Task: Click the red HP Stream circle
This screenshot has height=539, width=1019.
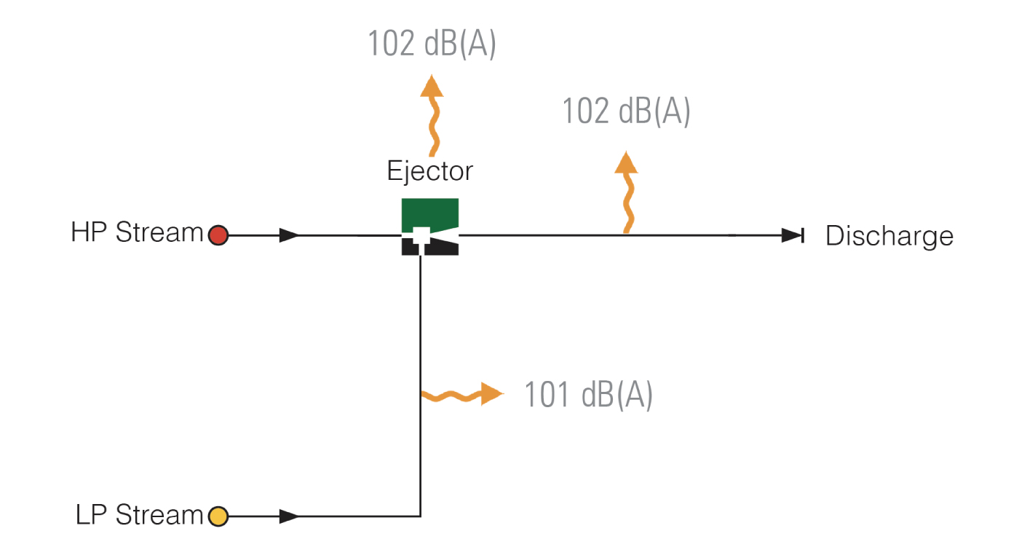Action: [218, 235]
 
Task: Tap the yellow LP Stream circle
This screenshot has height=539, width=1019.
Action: [218, 516]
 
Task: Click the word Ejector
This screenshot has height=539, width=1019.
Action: [430, 172]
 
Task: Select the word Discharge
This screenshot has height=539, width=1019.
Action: [889, 237]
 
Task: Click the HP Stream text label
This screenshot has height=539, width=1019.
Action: [137, 232]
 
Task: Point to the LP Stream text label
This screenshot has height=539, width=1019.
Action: [139, 514]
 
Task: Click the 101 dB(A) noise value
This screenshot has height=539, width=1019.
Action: [588, 395]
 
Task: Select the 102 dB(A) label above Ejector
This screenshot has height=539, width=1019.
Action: [432, 44]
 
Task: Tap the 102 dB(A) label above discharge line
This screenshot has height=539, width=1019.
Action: [627, 111]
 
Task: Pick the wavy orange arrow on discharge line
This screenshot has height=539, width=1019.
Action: [627, 192]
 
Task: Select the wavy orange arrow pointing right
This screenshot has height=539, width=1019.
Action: [463, 395]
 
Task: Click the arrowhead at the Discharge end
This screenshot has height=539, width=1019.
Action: [792, 235]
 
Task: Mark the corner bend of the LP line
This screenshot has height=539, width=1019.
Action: [421, 516]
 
